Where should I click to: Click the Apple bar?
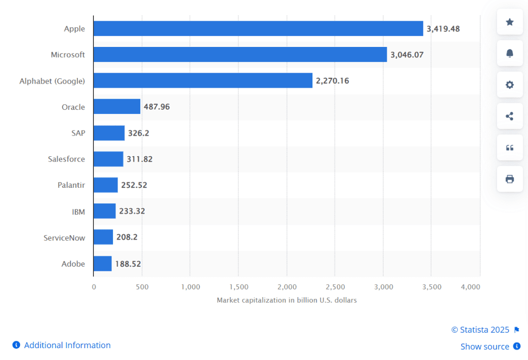pyautogui.click(x=258, y=28)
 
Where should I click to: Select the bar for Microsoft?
pyautogui.click(x=240, y=54)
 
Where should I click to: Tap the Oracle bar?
pyautogui.click(x=117, y=107)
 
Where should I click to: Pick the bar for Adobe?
pyautogui.click(x=102, y=264)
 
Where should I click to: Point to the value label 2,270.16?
pyautogui.click(x=333, y=80)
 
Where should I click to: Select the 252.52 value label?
pyautogui.click(x=134, y=185)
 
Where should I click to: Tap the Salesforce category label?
pyautogui.click(x=67, y=159)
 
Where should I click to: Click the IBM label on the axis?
pyautogui.click(x=78, y=211)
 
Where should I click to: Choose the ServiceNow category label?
pyautogui.click(x=64, y=238)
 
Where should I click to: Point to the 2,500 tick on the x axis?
pyautogui.click(x=335, y=287)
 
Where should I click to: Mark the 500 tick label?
pyautogui.click(x=142, y=287)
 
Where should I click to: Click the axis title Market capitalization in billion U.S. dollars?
pyautogui.click(x=287, y=300)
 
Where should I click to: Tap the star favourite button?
pyautogui.click(x=509, y=22)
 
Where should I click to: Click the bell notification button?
pyautogui.click(x=509, y=53)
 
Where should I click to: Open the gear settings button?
pyautogui.click(x=509, y=85)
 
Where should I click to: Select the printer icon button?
pyautogui.click(x=509, y=179)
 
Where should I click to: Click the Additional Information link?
pyautogui.click(x=67, y=345)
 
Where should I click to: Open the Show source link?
pyautogui.click(x=485, y=347)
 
